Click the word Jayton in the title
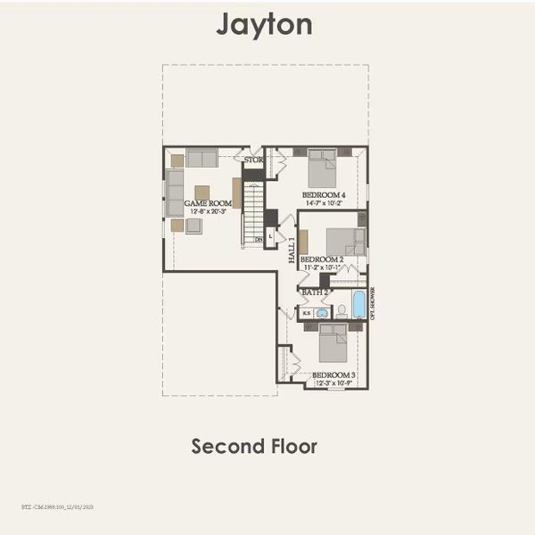pyautogui.click(x=264, y=24)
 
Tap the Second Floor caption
pyautogui.click(x=254, y=446)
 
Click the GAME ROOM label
pyautogui.click(x=207, y=203)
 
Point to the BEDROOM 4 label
pyautogui.click(x=324, y=194)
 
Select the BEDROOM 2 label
pyautogui.click(x=322, y=259)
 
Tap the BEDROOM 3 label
pyautogui.click(x=333, y=377)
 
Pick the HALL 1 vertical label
pyautogui.click(x=292, y=251)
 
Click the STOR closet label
pyautogui.click(x=254, y=160)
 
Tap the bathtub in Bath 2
pyautogui.click(x=358, y=305)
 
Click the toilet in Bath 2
pyautogui.click(x=341, y=311)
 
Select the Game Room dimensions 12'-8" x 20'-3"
pyautogui.click(x=207, y=212)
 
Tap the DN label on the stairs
pyautogui.click(x=259, y=239)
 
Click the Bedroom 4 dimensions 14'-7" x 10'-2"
pyautogui.click(x=324, y=203)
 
